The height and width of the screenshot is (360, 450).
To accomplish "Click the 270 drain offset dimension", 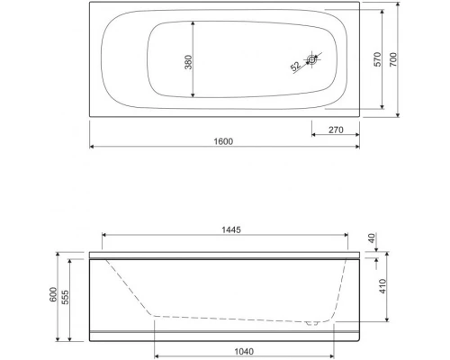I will coord(336,130).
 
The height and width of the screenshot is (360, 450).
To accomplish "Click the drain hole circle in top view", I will coord(311,61).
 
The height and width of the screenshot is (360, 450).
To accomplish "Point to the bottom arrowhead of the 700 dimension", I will coord(403,116).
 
